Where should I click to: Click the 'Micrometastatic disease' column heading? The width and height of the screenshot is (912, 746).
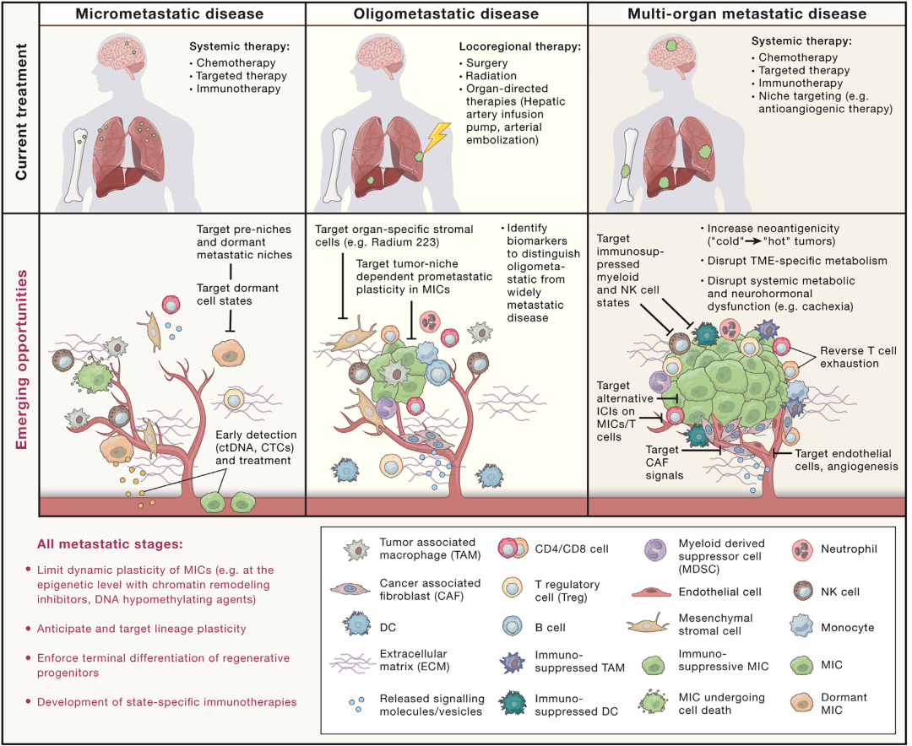(x=169, y=14)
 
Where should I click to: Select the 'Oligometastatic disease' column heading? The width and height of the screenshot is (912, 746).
(x=446, y=14)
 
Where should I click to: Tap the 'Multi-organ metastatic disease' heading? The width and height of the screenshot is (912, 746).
(x=746, y=14)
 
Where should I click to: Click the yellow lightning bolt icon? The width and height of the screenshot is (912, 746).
(x=437, y=138)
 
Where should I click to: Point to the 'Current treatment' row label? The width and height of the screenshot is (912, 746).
(x=21, y=111)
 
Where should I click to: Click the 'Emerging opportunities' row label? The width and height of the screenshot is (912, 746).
(x=21, y=359)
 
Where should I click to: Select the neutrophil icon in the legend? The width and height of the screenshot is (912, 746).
(x=803, y=549)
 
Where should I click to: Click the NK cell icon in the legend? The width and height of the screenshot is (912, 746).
(x=803, y=592)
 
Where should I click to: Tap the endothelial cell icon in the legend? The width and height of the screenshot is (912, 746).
(x=651, y=592)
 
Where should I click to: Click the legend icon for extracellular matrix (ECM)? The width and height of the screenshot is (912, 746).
(x=352, y=662)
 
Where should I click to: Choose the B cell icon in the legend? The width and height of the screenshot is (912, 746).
(x=513, y=627)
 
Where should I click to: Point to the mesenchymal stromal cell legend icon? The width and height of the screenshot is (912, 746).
(x=649, y=624)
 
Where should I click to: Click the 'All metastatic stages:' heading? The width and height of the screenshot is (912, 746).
(x=110, y=544)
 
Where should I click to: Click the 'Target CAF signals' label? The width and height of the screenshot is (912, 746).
(x=665, y=462)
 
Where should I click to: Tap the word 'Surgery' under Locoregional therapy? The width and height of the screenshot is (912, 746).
(x=487, y=62)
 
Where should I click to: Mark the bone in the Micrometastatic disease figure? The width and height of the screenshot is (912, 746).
(x=77, y=165)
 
